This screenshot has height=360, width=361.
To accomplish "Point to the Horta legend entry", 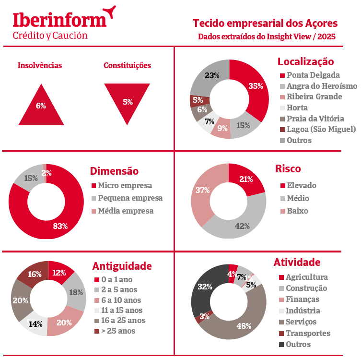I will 297,108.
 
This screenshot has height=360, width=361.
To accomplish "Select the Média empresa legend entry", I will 125,211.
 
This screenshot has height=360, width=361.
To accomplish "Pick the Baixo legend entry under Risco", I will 297,211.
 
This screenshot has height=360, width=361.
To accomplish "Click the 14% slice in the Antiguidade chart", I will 35,324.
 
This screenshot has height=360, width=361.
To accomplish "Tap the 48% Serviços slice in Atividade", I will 242,324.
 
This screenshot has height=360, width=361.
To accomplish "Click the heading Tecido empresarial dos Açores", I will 265,23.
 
